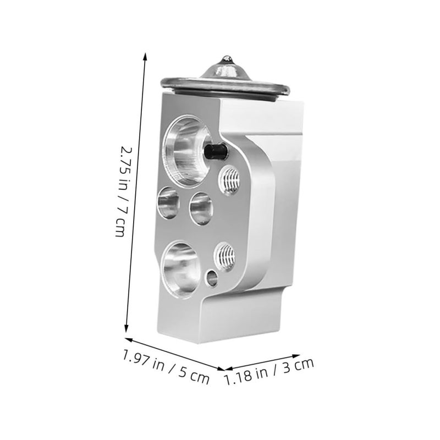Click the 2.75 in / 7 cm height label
click(123, 191)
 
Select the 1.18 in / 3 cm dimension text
click(269, 371)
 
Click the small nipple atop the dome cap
click(227, 59)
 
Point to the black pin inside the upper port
click(216, 151)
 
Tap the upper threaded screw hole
click(229, 179)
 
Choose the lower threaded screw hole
click(225, 257)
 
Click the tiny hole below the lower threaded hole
click(212, 278)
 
